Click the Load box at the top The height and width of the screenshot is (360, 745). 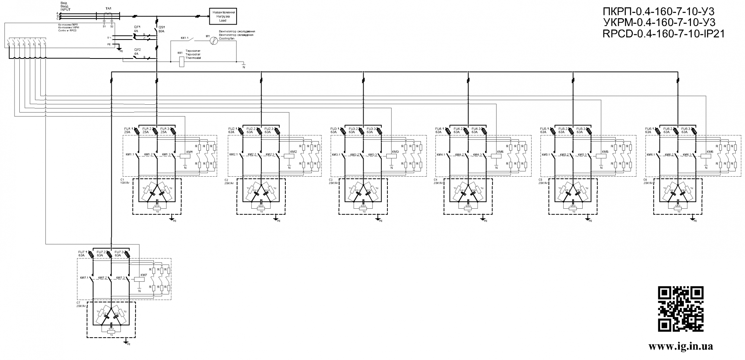tap(222, 16)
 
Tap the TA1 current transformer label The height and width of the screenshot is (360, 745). tap(108, 8)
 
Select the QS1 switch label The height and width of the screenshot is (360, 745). tap(162, 27)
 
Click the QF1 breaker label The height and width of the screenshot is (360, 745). tap(137, 27)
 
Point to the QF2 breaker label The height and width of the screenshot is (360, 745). tap(137, 50)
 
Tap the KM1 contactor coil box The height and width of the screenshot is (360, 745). tap(185, 156)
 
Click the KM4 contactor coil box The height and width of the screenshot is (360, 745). tap(496, 156)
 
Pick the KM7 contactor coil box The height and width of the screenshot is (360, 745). tap(139, 279)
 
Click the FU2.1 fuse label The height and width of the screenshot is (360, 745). tap(232, 129)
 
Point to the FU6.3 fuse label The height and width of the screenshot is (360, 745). tap(685, 129)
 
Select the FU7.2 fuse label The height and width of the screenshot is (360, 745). tap(101, 252)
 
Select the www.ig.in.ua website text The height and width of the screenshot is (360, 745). tap(681, 346)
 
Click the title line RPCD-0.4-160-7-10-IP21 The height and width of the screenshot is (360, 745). tap(663, 34)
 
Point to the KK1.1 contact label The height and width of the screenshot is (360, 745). tap(185, 38)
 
